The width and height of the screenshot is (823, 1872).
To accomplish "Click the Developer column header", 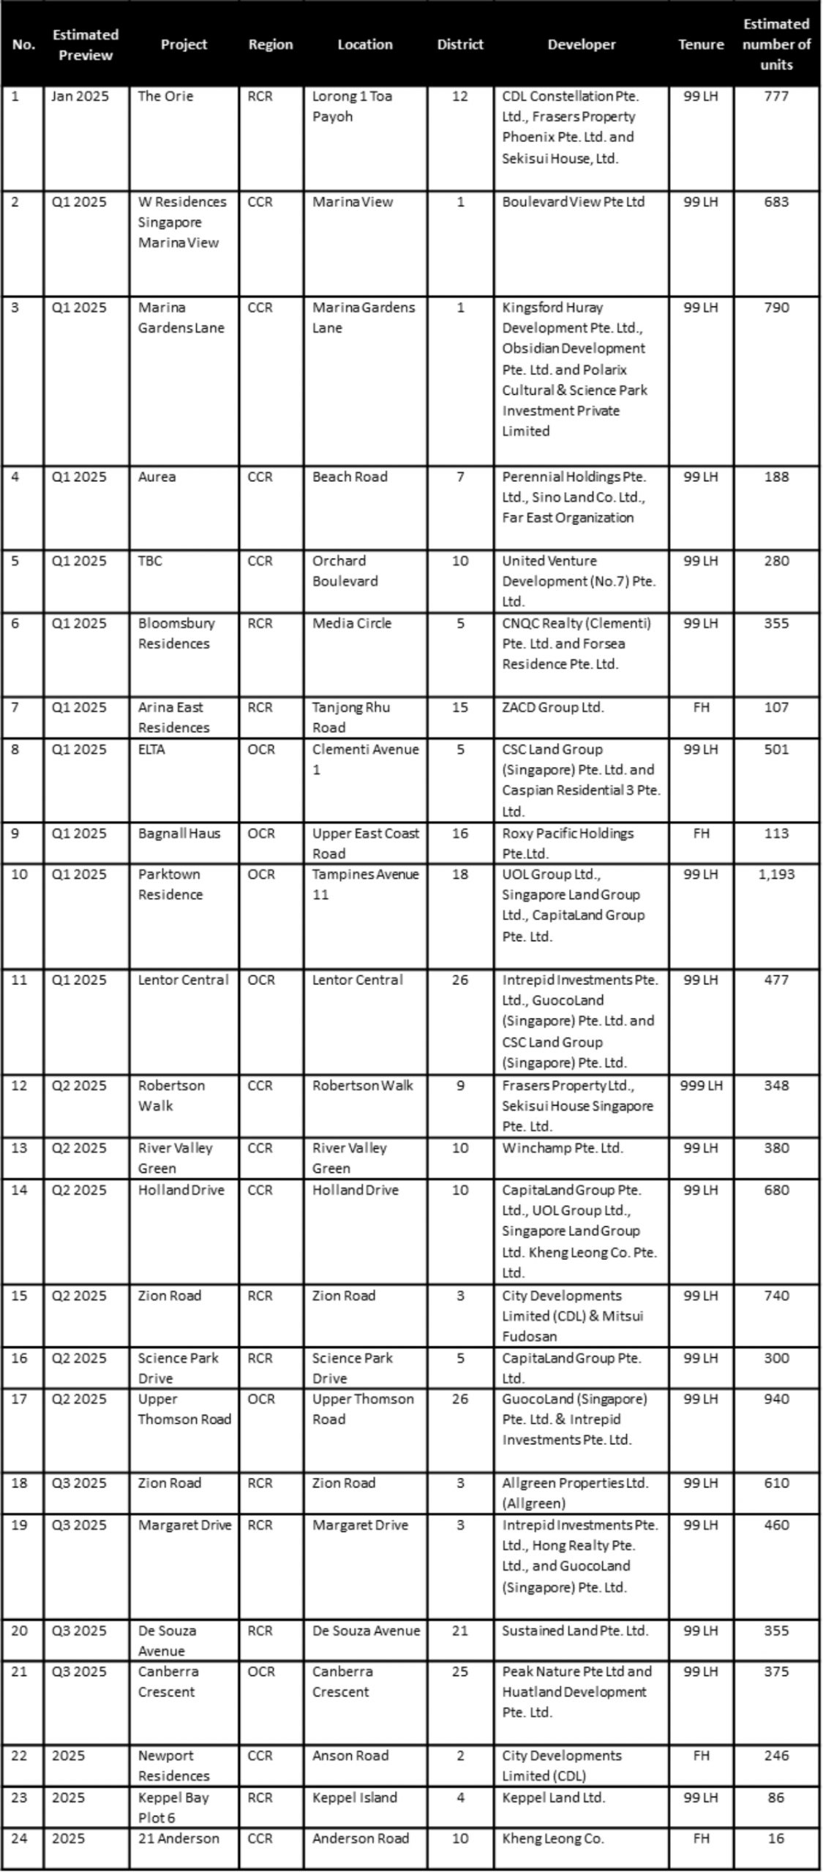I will click(582, 45).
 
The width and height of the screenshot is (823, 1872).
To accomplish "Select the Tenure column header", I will click(701, 45).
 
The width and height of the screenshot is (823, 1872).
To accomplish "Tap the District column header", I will click(460, 45).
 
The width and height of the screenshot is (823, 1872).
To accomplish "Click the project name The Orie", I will click(165, 97).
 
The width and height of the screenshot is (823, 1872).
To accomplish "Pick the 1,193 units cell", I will click(776, 875).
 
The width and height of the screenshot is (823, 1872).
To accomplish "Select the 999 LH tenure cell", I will click(701, 1086).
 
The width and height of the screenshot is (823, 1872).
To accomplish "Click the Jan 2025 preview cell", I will click(80, 97).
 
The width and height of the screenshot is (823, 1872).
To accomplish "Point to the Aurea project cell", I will click(157, 477).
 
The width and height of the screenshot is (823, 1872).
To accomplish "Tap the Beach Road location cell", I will click(350, 477).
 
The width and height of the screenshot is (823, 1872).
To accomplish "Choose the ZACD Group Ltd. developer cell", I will click(553, 708).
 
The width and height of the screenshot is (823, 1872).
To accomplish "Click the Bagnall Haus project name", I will click(179, 834).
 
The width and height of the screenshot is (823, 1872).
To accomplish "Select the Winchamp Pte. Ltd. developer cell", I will click(563, 1148).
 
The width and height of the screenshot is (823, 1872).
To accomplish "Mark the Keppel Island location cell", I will click(355, 1797).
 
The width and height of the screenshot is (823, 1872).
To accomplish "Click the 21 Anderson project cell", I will click(178, 1838).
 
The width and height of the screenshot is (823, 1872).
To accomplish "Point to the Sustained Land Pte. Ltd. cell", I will click(575, 1631).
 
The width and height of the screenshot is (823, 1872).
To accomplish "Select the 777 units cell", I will click(776, 97).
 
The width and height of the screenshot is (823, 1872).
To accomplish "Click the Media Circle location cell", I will click(352, 624).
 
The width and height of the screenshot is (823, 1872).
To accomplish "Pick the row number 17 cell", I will click(19, 1399).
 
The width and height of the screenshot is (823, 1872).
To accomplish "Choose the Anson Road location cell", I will click(350, 1756).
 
